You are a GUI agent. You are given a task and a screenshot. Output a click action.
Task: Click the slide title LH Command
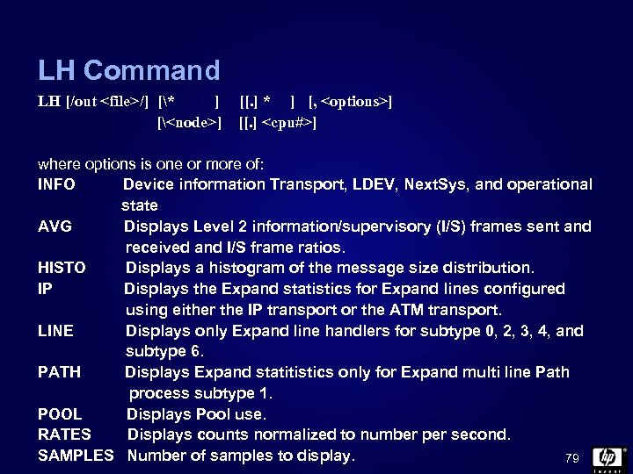pos(128,70)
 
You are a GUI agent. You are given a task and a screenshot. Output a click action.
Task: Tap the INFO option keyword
pos(56,184)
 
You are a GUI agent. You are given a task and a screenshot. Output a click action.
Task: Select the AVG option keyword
pos(55,226)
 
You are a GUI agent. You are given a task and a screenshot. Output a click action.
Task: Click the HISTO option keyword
pos(62,268)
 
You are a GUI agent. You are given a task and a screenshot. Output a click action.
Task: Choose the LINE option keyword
pos(55,331)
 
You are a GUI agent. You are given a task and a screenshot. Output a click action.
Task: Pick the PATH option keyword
pos(59,372)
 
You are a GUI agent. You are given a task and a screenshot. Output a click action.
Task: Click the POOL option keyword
pos(60,413)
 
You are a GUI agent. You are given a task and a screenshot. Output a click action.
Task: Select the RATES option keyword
pos(64,434)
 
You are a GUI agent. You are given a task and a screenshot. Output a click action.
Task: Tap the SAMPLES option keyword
pos(76,456)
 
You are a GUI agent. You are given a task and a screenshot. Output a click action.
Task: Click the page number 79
pos(572,458)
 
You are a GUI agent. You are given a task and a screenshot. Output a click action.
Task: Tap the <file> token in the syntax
pos(122,102)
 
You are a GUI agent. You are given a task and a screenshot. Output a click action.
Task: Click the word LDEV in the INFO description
pos(374,184)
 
